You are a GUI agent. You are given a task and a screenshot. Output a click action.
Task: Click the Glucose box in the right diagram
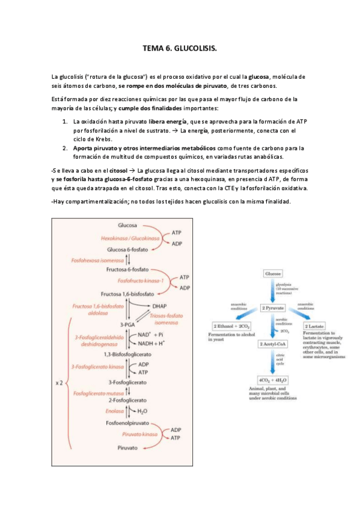pos(273,274)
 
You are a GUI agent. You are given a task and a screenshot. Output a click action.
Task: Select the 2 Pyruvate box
pos(273,308)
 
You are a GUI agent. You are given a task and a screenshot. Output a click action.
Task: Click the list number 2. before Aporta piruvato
pos(65,148)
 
